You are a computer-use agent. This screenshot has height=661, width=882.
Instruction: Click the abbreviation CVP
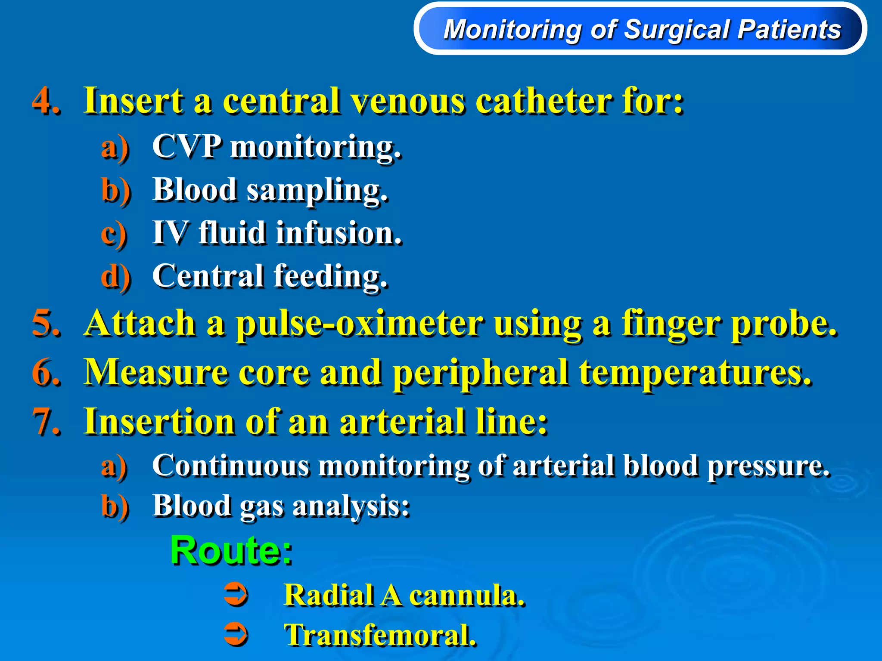(x=187, y=146)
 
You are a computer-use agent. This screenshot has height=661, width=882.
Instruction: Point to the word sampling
(x=317, y=190)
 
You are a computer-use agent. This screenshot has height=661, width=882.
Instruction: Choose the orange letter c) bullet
(x=114, y=233)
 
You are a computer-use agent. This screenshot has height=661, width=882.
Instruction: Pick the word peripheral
(x=481, y=373)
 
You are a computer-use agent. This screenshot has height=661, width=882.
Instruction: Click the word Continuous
(x=230, y=466)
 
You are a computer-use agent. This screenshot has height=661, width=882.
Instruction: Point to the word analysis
(x=351, y=506)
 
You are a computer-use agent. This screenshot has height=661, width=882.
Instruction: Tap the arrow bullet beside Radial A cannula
(x=236, y=595)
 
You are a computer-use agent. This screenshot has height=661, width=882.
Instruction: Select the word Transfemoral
(x=380, y=635)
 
